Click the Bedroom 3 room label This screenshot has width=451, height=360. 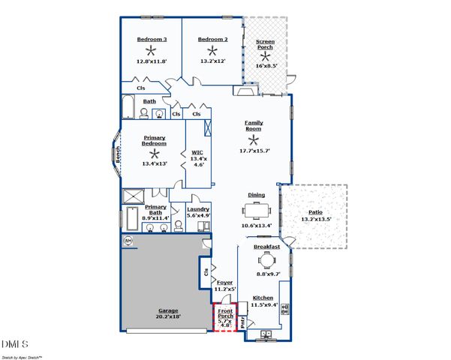[x=152, y=39]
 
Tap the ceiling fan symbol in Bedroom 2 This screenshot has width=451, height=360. [x=213, y=51]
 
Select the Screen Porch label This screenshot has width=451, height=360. [x=265, y=44]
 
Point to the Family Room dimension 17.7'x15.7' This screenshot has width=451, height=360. [x=254, y=151]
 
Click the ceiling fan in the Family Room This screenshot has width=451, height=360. [x=254, y=139]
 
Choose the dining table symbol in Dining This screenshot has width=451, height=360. [x=256, y=208]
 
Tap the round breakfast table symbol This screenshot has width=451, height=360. [x=266, y=259]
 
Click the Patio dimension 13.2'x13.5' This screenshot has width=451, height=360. [x=315, y=220]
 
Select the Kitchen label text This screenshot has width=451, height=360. [x=263, y=298]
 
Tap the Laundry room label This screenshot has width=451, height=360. [x=198, y=209]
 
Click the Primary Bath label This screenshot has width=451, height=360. [x=155, y=210]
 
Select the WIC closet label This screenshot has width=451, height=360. [x=198, y=152]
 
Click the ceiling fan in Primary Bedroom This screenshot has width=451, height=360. [x=155, y=152]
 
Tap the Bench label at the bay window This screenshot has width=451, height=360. [x=118, y=154]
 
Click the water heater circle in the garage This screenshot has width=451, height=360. [x=128, y=240]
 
